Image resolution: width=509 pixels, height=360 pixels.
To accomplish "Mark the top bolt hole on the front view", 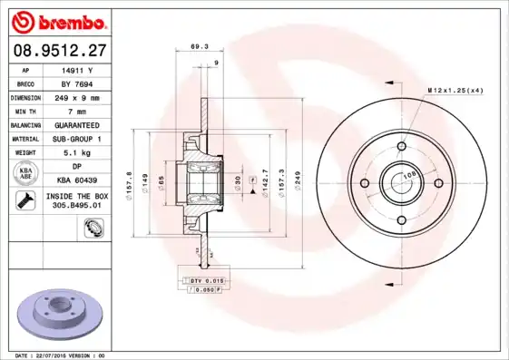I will tap(400, 144).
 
